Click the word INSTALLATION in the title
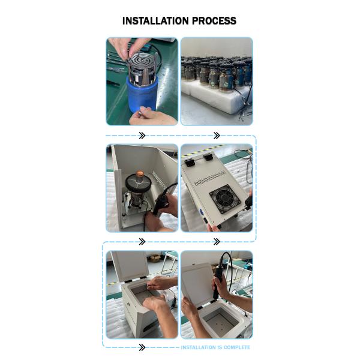click(156, 20)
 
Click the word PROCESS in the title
click(214, 20)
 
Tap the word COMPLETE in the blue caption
click(237, 347)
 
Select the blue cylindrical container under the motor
click(142, 94)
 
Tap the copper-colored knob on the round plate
click(140, 174)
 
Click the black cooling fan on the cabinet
click(225, 199)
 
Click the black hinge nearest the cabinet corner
click(190, 163)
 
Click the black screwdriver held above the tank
click(218, 280)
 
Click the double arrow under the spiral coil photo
click(142, 136)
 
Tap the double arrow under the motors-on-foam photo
click(217, 136)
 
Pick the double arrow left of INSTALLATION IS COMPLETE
click(142, 347)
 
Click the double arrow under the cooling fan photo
click(217, 242)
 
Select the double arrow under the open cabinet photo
click(142, 242)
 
